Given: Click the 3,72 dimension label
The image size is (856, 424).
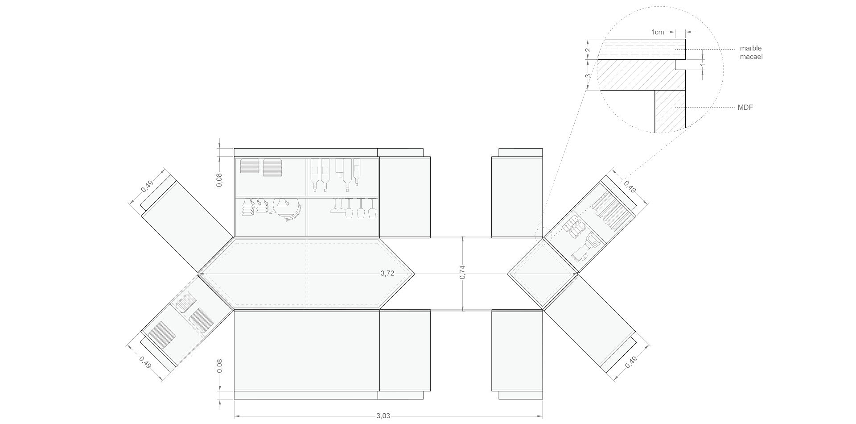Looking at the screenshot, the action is coord(387,274).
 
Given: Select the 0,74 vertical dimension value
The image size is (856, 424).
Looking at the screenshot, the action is coord(462,273).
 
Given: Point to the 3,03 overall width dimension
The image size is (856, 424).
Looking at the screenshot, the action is coord(383,416).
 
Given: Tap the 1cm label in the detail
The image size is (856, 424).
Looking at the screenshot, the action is coord(658,32).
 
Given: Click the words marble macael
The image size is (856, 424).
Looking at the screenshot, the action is coord(751,52).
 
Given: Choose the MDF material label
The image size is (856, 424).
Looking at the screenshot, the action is coord(746,108).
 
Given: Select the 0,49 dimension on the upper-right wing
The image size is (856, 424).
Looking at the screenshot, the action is coord(630,187).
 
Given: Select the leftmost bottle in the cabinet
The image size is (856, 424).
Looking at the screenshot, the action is coord(315,175).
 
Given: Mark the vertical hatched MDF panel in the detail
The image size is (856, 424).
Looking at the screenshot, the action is coord(670,112).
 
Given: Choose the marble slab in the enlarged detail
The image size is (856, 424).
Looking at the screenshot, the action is coord(641,49).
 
